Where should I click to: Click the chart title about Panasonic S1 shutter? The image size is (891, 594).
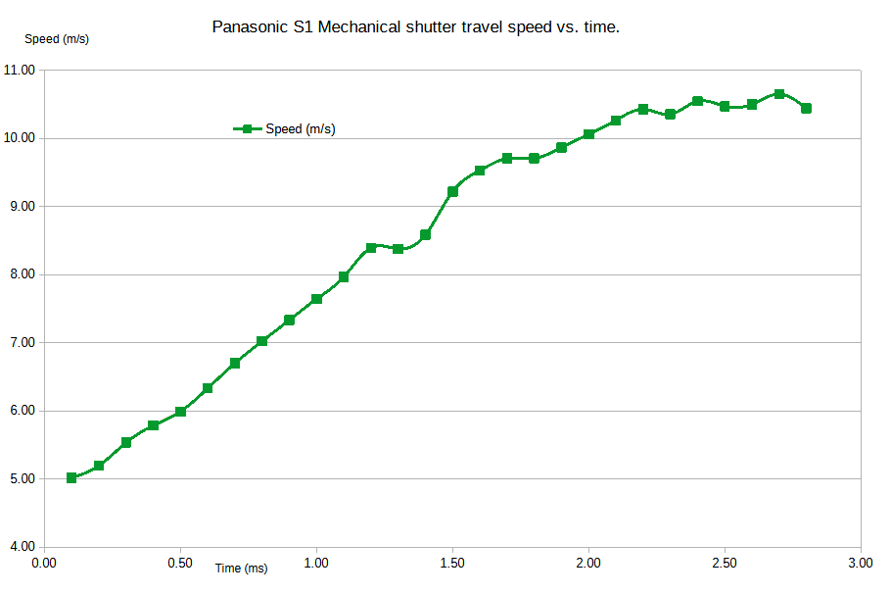[416, 27]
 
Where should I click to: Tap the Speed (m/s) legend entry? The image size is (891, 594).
[300, 129]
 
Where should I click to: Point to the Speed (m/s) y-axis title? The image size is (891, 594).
[57, 39]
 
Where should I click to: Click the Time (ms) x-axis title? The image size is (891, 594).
[241, 569]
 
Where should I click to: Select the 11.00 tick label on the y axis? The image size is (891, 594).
[20, 71]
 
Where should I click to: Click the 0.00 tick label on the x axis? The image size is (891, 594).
[44, 564]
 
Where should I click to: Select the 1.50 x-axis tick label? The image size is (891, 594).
[452, 564]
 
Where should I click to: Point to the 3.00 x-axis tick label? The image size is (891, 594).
[861, 564]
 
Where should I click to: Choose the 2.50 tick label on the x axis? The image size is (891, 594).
[725, 564]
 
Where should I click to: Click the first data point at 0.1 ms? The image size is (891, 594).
[71, 478]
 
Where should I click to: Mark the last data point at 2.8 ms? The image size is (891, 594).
[806, 108]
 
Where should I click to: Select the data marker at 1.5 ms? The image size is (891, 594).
[452, 191]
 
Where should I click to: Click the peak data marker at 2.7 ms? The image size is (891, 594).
[779, 94]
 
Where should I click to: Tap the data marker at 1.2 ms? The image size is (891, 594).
[371, 248]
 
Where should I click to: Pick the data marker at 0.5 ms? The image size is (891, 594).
[180, 412]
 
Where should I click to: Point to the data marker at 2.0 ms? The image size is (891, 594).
[588, 134]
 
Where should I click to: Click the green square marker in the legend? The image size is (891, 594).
[247, 128]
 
